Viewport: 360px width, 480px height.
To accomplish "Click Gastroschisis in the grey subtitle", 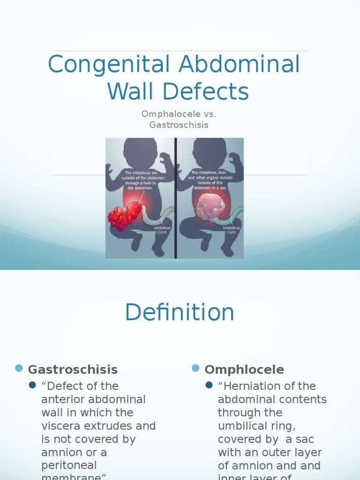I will (179, 125).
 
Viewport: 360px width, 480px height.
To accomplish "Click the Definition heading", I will (180, 313).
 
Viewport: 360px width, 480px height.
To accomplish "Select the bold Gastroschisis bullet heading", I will (73, 369).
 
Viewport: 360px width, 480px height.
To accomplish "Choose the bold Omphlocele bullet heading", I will (244, 369).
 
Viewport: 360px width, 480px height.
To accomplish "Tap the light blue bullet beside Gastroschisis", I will (19, 368).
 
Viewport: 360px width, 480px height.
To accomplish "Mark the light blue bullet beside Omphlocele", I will (195, 368).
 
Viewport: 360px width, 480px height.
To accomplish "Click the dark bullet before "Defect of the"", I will (32, 385).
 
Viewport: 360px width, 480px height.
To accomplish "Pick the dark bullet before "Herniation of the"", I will (209, 385).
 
